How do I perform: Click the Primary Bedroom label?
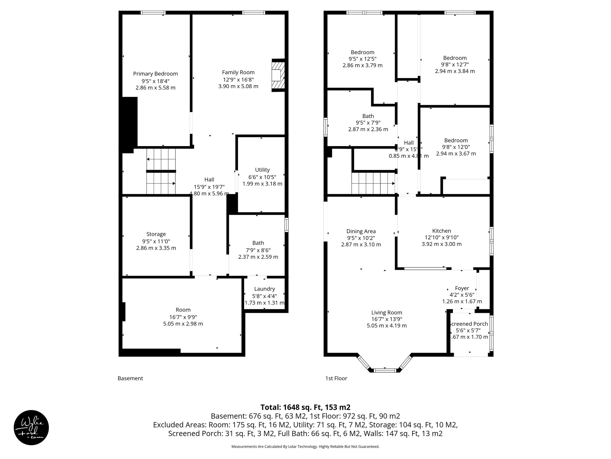point(155,74)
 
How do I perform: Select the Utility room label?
point(262,170)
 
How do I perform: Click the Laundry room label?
point(264,289)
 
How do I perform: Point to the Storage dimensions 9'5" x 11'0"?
point(156,241)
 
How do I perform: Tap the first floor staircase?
point(373,183)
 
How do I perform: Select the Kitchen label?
point(442,231)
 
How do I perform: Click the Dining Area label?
point(361,231)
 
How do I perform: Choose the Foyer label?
point(462,288)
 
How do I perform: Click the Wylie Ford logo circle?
point(31,427)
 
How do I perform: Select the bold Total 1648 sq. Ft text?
point(305,407)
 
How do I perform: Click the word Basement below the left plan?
point(130,378)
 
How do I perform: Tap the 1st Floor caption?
point(336,378)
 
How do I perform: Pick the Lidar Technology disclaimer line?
point(305,446)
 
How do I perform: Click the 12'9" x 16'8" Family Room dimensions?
point(238,79)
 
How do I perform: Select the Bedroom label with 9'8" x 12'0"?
point(456,140)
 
